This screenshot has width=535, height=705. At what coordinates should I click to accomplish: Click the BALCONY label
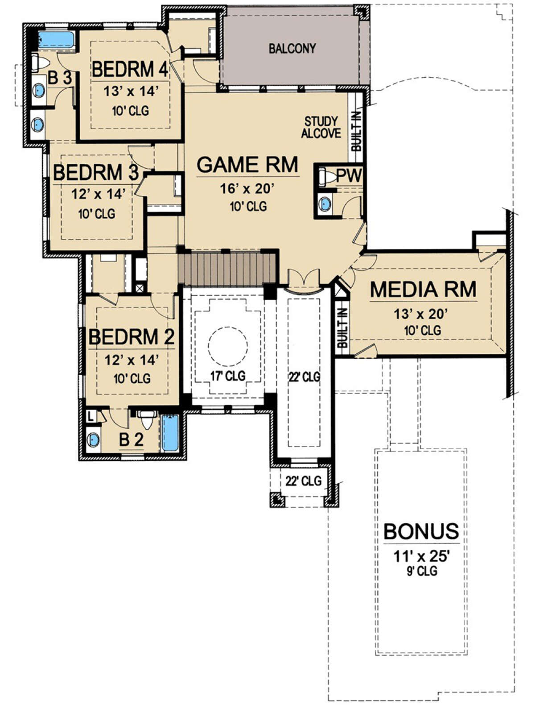coord(292,49)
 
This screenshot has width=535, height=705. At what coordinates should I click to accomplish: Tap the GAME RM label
coord(247,165)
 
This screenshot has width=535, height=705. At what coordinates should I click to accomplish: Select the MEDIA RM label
coord(423,290)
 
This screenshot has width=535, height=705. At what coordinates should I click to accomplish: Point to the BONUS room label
coord(421,531)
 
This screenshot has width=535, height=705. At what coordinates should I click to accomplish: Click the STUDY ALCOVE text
coord(321,128)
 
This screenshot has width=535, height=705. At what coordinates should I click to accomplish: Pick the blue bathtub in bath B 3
coord(56,40)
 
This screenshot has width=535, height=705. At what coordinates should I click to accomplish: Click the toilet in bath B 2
coord(147,419)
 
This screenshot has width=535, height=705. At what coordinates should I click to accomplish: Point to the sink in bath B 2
coord(93,440)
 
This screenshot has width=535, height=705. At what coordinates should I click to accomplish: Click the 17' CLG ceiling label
coord(228,375)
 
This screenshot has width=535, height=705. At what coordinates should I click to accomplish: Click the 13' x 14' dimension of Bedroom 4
coord(131,91)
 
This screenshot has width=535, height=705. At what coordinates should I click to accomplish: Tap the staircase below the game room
coord(227,269)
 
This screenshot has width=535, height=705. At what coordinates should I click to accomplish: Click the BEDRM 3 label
coord(96,173)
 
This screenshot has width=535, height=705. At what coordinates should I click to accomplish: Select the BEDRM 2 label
coord(131,337)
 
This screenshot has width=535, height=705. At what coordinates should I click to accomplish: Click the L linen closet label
coord(91,417)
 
